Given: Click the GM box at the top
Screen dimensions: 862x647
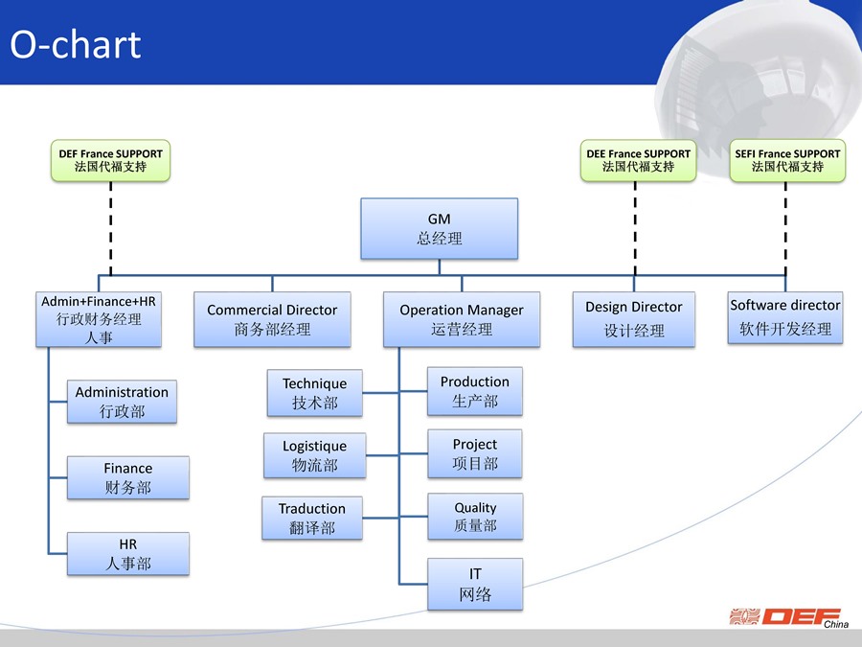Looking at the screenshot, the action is (x=440, y=228).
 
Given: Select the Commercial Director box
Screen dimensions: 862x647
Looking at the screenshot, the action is (x=272, y=319).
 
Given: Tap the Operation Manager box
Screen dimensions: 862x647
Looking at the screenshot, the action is (x=462, y=319).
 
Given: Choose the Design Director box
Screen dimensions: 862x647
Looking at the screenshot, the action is (x=634, y=319).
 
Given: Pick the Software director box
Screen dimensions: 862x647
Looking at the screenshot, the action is (x=785, y=317).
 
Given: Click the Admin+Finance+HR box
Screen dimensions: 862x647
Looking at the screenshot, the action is (x=99, y=319).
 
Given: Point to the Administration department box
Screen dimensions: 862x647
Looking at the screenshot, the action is (x=122, y=402).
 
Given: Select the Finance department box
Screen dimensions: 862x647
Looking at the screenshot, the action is (x=128, y=477).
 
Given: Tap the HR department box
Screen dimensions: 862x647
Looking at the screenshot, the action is (x=128, y=553).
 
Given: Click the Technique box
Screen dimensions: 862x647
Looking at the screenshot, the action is (x=314, y=393).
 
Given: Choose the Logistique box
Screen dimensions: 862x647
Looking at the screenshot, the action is (x=314, y=455).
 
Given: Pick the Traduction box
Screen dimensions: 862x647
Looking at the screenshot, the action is (x=312, y=518).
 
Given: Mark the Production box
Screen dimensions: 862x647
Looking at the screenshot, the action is (x=475, y=391).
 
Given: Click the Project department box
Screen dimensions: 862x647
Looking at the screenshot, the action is (x=475, y=453).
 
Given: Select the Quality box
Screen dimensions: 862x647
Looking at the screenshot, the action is (x=475, y=516).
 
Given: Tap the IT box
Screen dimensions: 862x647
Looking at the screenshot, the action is (x=475, y=585).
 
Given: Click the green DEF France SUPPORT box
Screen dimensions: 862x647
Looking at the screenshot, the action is (x=110, y=161).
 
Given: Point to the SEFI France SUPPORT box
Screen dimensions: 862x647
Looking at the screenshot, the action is (x=787, y=161).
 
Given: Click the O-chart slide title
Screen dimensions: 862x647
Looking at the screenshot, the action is (x=76, y=44).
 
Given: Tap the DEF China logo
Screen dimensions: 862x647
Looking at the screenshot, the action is (x=789, y=617).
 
